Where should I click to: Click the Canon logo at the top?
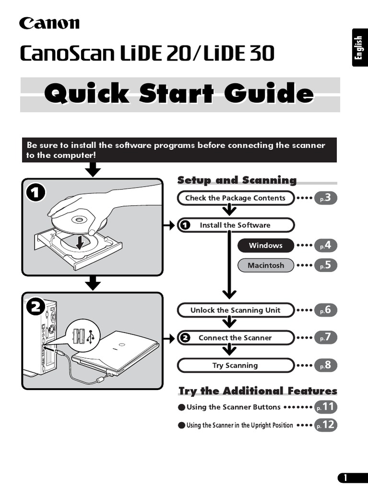[49, 22]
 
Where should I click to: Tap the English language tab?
[359, 48]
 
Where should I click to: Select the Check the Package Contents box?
[235, 198]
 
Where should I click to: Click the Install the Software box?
[235, 225]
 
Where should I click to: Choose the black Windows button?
[265, 245]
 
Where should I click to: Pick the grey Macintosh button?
[265, 265]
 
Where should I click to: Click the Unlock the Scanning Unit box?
[235, 310]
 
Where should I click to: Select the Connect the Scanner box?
[235, 338]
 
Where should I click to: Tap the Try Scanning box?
[235, 366]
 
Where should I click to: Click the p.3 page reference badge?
[326, 198]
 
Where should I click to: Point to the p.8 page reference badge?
[326, 366]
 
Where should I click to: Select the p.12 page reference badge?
[326, 425]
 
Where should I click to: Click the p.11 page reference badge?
[326, 407]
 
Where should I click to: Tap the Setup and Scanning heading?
[237, 180]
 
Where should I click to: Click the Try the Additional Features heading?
[258, 391]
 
